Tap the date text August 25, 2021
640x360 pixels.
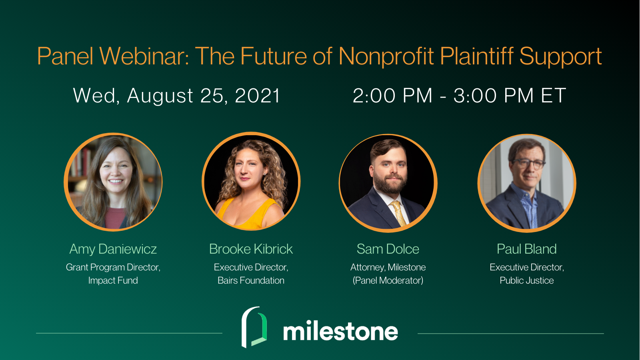click(204, 96)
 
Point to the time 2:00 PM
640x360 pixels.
click(392, 96)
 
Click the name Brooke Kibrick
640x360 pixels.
click(251, 249)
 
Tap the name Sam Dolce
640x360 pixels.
click(388, 249)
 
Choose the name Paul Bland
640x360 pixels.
click(526, 249)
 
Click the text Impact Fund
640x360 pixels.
click(113, 280)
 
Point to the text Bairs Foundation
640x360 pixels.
click(251, 280)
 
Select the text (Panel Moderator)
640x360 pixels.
click(388, 280)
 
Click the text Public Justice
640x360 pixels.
click(526, 280)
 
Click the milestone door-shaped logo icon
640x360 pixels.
click(254, 327)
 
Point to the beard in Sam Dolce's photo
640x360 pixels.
click(390, 183)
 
